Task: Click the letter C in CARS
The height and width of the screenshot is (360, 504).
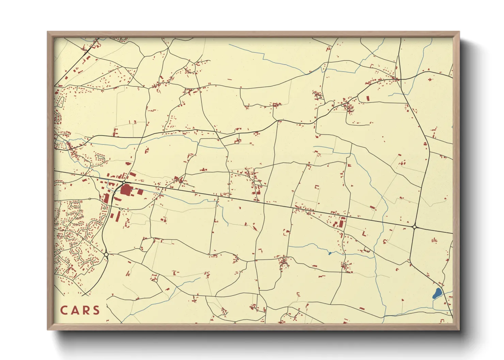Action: [64, 310]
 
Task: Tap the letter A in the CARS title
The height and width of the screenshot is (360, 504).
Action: [76, 310]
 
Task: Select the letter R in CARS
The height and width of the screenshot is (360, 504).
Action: [86, 310]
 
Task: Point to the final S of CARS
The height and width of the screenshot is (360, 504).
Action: [97, 310]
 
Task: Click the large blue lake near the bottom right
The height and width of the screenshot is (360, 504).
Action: [436, 293]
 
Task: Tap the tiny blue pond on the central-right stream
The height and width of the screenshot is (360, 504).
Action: [329, 253]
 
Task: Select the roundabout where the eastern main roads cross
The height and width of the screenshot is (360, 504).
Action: [414, 227]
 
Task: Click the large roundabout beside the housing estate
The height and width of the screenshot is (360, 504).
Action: [106, 255]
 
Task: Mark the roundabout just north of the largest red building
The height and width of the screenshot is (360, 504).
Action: [124, 183]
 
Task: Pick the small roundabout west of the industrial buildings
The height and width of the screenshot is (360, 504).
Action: [90, 199]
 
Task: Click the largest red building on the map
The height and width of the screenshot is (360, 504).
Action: [126, 190]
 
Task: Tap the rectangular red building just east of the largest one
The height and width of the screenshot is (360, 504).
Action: [140, 192]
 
